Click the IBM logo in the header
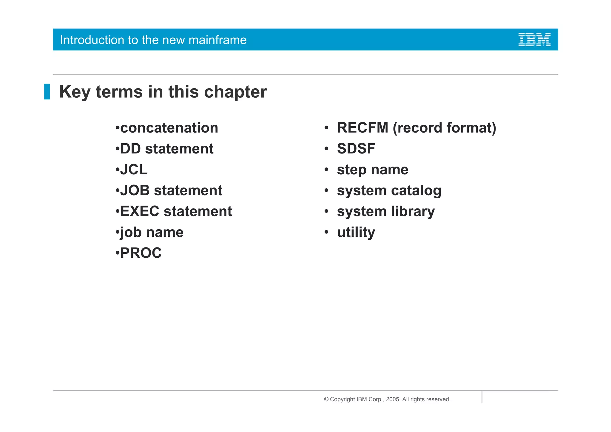coord(534,40)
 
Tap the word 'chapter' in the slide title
coord(235,92)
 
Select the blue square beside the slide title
coord(47,92)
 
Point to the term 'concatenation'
coord(169,128)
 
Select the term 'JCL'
coord(134,170)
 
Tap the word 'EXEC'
coord(140,211)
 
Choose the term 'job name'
coord(152,232)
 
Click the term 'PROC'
coord(141,253)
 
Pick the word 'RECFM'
coord(362,128)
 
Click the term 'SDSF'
coord(356,149)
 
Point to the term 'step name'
coord(372,170)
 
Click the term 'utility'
coord(356,232)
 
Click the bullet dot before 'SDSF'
coord(326,149)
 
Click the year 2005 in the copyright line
coord(392,399)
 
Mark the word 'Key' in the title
coord(75,92)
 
